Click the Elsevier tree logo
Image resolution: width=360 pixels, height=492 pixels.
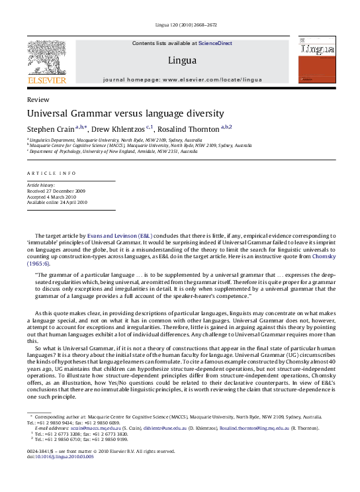coord(46,59)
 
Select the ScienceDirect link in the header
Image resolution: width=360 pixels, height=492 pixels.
coord(215,43)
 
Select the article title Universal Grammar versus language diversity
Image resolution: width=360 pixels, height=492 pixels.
coord(125,113)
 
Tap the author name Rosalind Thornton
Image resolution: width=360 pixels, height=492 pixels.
coord(189,128)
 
